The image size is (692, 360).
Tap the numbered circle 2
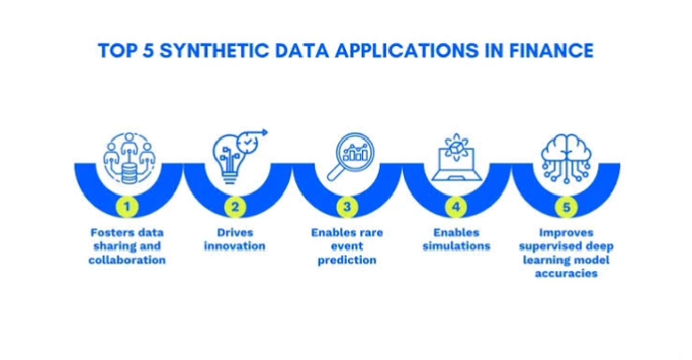pyautogui.click(x=234, y=205)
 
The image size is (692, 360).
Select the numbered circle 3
pyautogui.click(x=346, y=205)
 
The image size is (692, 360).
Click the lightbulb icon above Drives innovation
pyautogui.click(x=234, y=152)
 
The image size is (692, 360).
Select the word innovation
pyautogui.click(x=234, y=246)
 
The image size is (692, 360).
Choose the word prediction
pyautogui.click(x=347, y=260)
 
